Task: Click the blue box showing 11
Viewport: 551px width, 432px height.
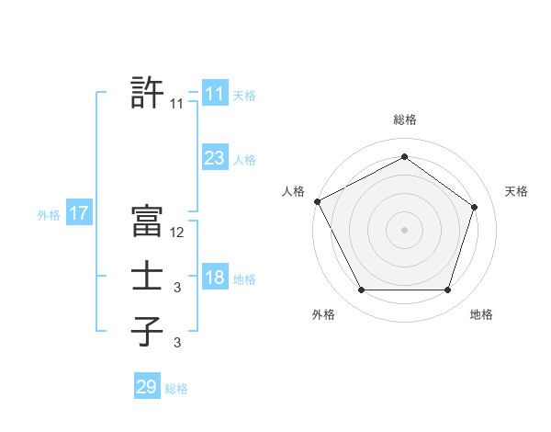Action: pos(214,93)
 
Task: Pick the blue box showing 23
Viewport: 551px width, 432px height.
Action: pos(214,158)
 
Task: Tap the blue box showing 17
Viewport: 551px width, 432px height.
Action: pos(78,214)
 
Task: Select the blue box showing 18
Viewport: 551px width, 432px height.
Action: pos(214,278)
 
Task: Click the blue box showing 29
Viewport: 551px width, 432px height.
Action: pos(146,387)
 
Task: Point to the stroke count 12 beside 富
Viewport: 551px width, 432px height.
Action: pos(177,233)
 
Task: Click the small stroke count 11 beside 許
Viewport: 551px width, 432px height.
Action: pos(176,104)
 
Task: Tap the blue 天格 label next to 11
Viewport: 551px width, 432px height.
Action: pos(244,95)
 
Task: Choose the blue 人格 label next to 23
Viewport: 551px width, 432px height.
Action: pos(244,160)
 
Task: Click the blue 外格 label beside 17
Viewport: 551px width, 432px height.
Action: pos(49,215)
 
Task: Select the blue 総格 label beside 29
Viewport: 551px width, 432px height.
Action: pos(176,389)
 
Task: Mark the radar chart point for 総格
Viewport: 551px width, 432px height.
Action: pos(404,156)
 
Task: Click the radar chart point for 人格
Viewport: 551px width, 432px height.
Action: pos(317,201)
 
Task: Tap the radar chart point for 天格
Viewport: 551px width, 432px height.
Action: pos(475,207)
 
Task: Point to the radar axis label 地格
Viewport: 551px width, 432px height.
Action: pos(481,315)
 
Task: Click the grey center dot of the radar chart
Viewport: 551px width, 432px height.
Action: pos(404,229)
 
